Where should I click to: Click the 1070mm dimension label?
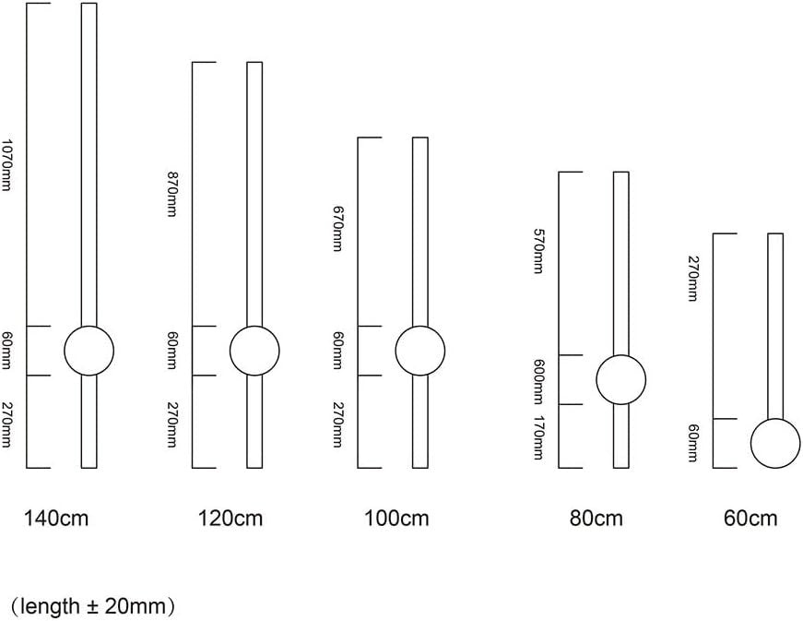point(6,164)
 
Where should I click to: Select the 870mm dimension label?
point(171,194)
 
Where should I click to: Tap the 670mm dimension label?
point(337,229)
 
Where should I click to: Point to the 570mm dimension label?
point(537,251)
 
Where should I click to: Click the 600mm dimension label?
point(537,382)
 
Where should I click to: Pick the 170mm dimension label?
point(537,437)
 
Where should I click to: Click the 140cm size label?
point(56,518)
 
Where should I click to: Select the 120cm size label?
point(230,518)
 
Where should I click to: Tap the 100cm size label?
point(396,518)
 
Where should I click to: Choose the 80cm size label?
point(596,518)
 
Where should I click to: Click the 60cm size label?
point(750,518)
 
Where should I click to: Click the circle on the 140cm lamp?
point(89,327)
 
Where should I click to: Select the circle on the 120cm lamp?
point(254,327)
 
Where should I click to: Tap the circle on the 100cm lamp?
point(420,327)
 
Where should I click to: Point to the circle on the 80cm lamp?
point(621,355)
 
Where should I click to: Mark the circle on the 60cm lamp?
point(775,419)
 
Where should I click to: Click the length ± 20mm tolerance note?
point(93,606)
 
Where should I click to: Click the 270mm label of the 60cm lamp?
point(691,279)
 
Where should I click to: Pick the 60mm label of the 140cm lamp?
point(6,351)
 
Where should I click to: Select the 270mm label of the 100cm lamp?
point(337,424)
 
